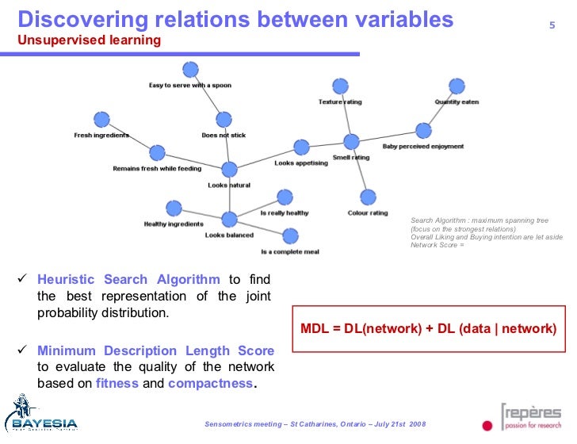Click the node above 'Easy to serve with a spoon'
(189, 70)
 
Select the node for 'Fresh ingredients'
(101, 120)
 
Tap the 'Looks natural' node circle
(229, 170)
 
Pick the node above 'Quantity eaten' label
(456, 86)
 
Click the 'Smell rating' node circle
(351, 142)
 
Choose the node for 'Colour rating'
(367, 197)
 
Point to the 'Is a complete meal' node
(290, 235)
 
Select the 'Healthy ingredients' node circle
(174, 209)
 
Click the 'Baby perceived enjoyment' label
(423, 147)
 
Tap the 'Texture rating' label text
(340, 102)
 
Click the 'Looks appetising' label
(300, 163)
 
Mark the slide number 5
(552, 25)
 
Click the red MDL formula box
(429, 328)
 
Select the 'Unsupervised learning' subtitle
(89, 40)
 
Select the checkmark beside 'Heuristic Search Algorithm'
(23, 279)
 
